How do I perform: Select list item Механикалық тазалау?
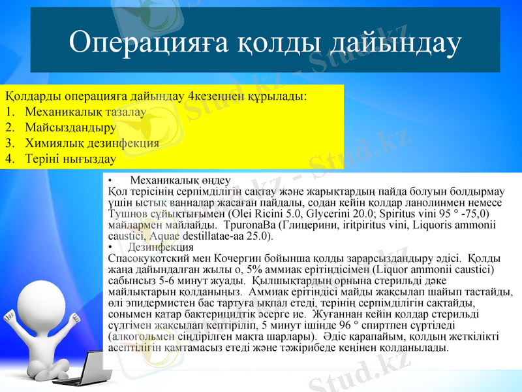[x=85, y=112]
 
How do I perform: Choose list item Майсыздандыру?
[x=70, y=127]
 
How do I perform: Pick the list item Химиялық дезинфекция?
[x=91, y=142]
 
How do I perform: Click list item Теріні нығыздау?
[x=70, y=158]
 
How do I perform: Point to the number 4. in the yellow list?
[x=10, y=158]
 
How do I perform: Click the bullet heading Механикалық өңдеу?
[x=180, y=180]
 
